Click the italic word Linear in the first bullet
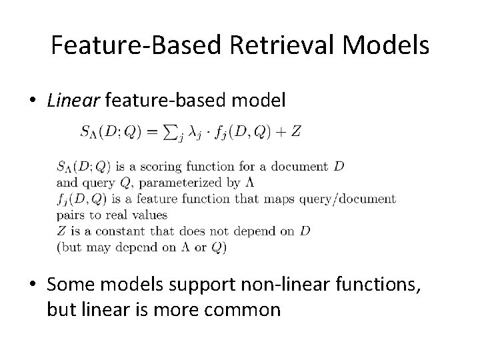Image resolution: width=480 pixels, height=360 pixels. (x=70, y=101)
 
